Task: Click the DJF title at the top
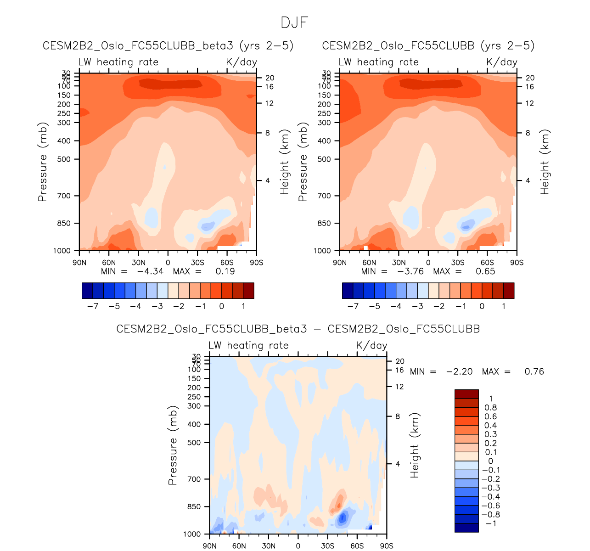[x=294, y=23]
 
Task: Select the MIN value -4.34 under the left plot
[x=150, y=271]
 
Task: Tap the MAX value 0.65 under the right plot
[x=485, y=271]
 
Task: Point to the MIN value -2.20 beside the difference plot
[x=459, y=371]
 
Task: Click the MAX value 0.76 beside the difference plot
[x=534, y=371]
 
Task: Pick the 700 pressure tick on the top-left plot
[x=64, y=196]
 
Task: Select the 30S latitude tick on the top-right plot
[x=458, y=263]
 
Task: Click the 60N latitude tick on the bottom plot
[x=239, y=546]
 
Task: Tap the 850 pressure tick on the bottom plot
[x=194, y=507]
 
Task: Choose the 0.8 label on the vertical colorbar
[x=490, y=408]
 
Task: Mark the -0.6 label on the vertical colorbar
[x=490, y=506]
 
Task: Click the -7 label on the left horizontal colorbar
[x=93, y=306]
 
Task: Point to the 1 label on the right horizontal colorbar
[x=504, y=306]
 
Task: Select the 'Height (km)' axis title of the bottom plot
[x=415, y=445]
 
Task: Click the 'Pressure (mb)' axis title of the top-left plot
[x=43, y=162]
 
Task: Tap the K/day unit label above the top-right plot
[x=502, y=62]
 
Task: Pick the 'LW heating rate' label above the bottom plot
[x=248, y=346]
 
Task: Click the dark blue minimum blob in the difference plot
[x=342, y=519]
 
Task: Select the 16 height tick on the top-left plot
[x=269, y=87]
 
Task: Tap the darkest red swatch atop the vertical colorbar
[x=466, y=394]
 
